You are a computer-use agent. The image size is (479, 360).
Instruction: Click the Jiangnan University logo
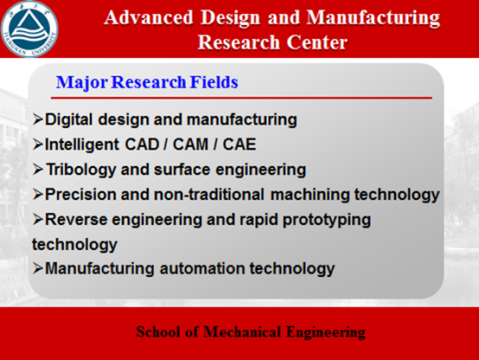click(29, 29)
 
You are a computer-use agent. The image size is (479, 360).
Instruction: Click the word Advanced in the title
click(149, 17)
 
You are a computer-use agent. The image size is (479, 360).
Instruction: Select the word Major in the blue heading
click(82, 82)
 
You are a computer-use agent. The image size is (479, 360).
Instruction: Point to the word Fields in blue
click(214, 82)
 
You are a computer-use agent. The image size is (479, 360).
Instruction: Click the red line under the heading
click(241, 98)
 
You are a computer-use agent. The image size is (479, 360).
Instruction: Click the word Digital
click(68, 119)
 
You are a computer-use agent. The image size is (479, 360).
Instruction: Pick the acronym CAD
click(143, 145)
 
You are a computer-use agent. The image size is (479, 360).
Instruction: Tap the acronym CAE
click(239, 145)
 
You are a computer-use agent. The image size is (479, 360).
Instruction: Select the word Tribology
click(81, 170)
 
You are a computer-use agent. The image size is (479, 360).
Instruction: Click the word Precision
click(80, 195)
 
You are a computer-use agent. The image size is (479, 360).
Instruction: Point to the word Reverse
click(76, 220)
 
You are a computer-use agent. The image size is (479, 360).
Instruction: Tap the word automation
click(202, 268)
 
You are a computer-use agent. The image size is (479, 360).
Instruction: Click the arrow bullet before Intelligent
click(37, 144)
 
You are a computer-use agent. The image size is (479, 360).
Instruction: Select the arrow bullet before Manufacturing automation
click(37, 268)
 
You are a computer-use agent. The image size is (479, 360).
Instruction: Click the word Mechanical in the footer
click(242, 331)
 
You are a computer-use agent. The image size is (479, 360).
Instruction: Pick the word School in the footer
click(158, 331)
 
